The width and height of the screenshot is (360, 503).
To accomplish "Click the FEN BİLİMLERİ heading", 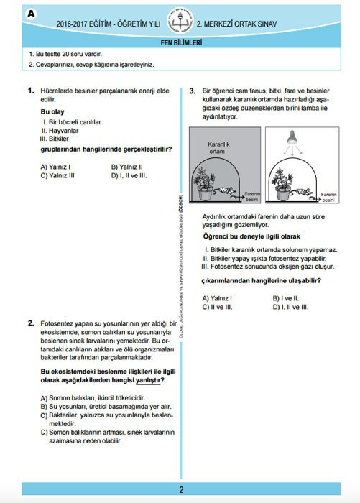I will pos(180,42).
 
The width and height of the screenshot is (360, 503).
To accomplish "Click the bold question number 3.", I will pos(193,91).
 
